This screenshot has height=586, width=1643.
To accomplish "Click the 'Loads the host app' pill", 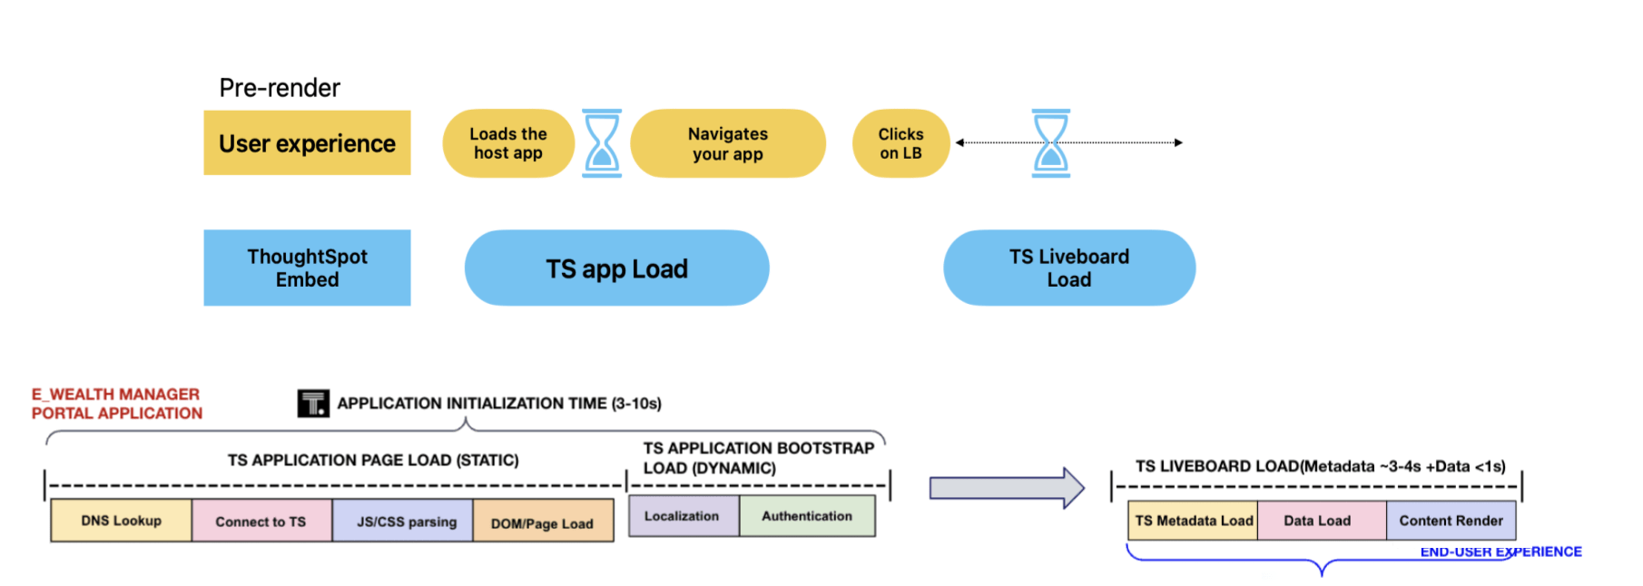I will click(x=507, y=143).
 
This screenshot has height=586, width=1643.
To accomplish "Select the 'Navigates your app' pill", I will click(x=727, y=143).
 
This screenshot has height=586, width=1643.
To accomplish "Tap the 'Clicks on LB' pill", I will click(x=900, y=143).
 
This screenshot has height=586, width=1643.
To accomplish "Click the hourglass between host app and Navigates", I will click(x=602, y=143).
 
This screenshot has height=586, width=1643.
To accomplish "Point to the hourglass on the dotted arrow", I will click(x=1051, y=143).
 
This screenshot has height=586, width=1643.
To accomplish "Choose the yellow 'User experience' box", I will click(x=307, y=143).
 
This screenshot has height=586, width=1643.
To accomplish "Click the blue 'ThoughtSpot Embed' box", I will click(x=307, y=268).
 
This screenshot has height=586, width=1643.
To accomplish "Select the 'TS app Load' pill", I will click(x=616, y=268).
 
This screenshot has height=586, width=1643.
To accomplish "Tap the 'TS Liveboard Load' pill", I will click(x=1069, y=268).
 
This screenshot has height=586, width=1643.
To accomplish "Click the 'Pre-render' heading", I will click(x=280, y=88).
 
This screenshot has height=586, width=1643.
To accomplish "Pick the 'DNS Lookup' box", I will click(x=121, y=521).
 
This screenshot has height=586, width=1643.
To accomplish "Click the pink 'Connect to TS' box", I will click(x=261, y=522).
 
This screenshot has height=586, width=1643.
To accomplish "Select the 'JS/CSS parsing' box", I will click(x=406, y=522).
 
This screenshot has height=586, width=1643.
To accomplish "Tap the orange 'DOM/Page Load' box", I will click(x=542, y=523).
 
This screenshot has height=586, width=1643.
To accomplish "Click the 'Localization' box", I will click(x=682, y=516).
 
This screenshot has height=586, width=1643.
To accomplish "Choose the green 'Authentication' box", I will click(x=807, y=516).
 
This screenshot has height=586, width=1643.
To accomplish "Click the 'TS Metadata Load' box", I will click(x=1194, y=521).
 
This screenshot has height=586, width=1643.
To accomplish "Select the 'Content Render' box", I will click(x=1451, y=521).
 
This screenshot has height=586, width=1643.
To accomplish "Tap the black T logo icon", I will click(x=313, y=403).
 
